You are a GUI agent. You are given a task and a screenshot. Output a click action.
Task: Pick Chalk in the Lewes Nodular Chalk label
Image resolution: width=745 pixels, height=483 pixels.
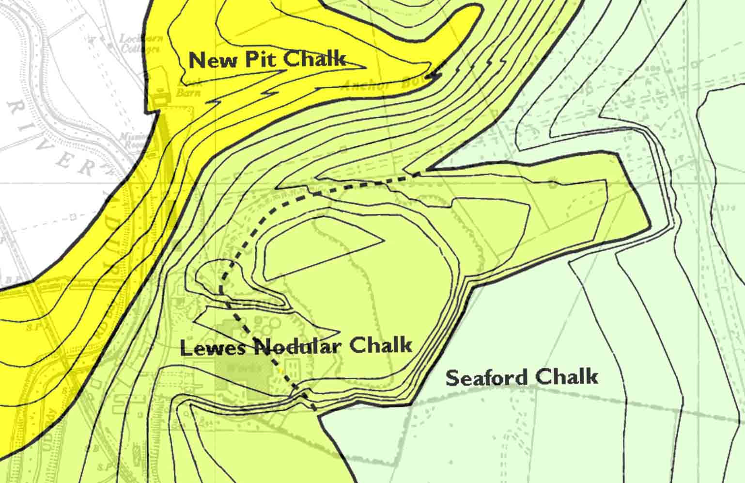[381, 345]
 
